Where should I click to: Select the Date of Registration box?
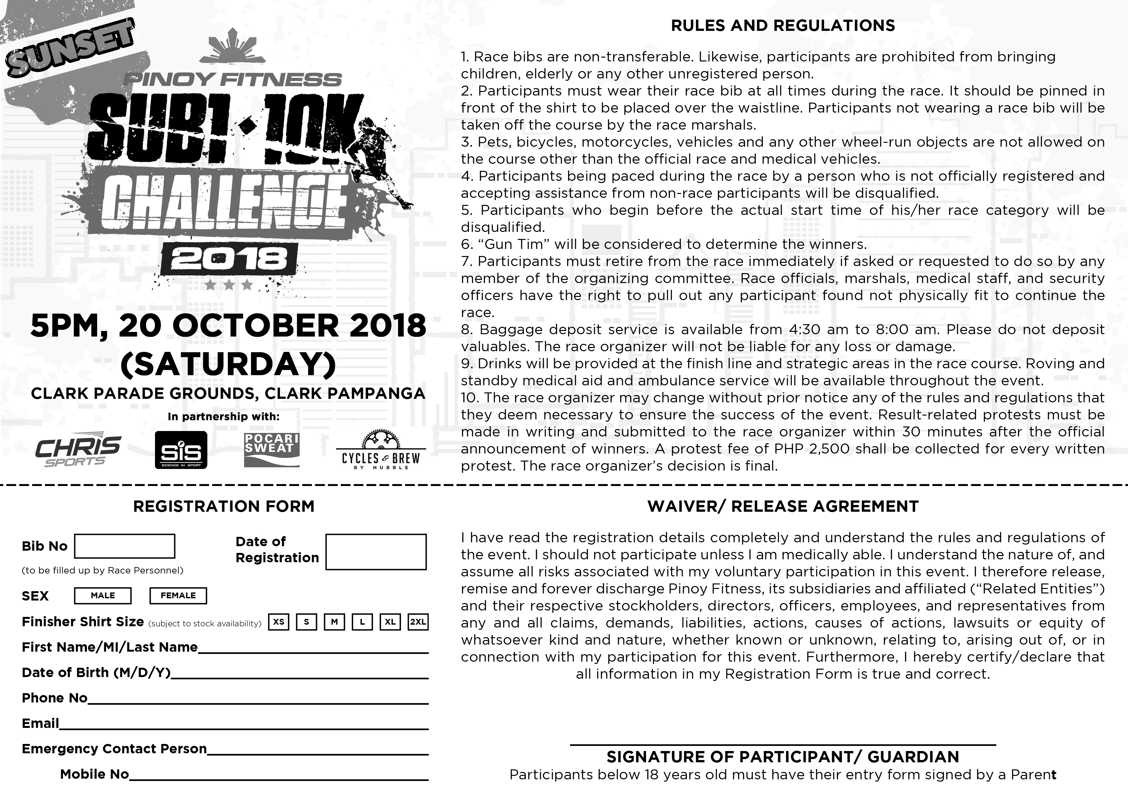pyautogui.click(x=376, y=552)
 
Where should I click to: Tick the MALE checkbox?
pyautogui.click(x=103, y=596)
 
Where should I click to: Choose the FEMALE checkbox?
pyautogui.click(x=178, y=596)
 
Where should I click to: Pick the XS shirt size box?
pyautogui.click(x=278, y=622)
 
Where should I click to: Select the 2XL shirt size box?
pyautogui.click(x=418, y=622)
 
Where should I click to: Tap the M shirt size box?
pyautogui.click(x=334, y=622)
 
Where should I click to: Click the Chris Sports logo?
pyautogui.click(x=77, y=450)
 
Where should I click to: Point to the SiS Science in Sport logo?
pyautogui.click(x=181, y=450)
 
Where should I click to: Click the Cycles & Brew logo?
pyautogui.click(x=381, y=451)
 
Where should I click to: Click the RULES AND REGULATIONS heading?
pyautogui.click(x=783, y=25)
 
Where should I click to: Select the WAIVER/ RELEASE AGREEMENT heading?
pyautogui.click(x=783, y=507)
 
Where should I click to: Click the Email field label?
pyautogui.click(x=40, y=723)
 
